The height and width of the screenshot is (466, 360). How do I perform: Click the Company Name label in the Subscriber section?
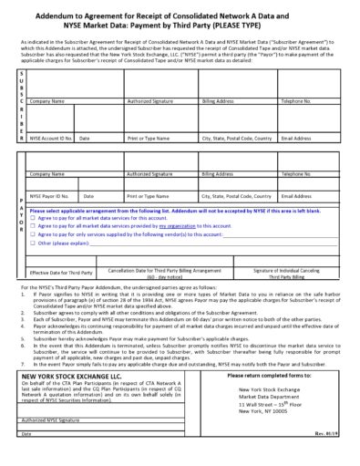47,101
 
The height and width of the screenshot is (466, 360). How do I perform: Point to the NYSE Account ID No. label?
51,139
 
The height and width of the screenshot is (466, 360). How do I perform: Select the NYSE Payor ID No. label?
49,195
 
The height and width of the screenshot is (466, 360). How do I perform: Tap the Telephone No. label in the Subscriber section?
297,101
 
